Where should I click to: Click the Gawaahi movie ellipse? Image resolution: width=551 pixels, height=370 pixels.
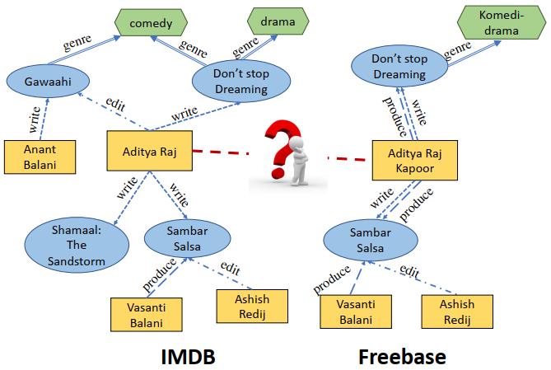42,81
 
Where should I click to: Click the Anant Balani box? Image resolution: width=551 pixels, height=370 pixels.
40,158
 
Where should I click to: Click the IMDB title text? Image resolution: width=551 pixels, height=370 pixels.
188,356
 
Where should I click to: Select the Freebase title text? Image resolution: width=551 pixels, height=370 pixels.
403,356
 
